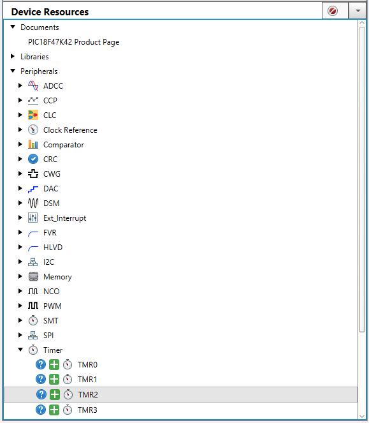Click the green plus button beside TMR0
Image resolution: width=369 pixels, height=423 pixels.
[54, 365]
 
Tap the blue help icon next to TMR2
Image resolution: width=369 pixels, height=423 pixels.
[41, 394]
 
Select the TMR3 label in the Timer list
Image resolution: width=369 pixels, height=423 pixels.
[87, 410]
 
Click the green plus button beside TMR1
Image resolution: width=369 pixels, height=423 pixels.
[54, 380]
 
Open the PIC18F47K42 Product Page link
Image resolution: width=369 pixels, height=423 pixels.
[73, 42]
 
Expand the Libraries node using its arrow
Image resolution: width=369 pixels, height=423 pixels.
[12, 56]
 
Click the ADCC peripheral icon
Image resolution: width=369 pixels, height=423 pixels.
[33, 85]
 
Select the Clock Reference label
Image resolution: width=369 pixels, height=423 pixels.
[70, 130]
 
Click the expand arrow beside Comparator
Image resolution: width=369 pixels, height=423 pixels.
[20, 144]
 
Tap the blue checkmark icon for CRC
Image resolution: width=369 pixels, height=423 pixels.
[33, 159]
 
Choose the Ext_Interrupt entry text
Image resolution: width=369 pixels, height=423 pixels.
[65, 218]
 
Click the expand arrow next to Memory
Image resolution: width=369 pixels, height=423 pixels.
[20, 276]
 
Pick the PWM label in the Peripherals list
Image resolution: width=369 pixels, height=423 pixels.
[52, 306]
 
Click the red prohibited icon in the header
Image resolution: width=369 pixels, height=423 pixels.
[333, 11]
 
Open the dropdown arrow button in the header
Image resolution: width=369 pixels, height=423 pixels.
[358, 11]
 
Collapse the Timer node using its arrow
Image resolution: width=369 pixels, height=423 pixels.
[20, 350]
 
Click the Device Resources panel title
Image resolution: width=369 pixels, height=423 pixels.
[50, 12]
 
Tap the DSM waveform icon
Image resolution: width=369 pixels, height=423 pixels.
[33, 203]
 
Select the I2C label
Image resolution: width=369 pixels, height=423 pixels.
[49, 262]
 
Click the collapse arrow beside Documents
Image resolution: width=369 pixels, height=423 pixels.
[13, 27]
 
